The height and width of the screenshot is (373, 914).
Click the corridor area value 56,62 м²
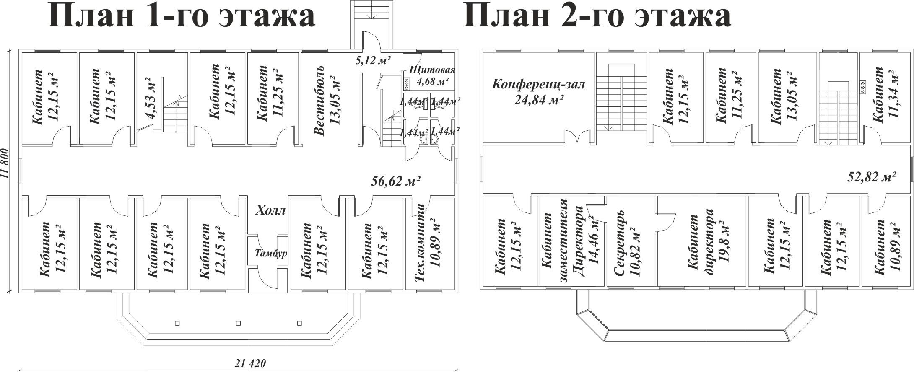click(x=396, y=193)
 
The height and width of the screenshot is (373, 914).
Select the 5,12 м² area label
click(x=373, y=60)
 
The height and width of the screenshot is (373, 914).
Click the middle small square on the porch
click(x=238, y=324)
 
